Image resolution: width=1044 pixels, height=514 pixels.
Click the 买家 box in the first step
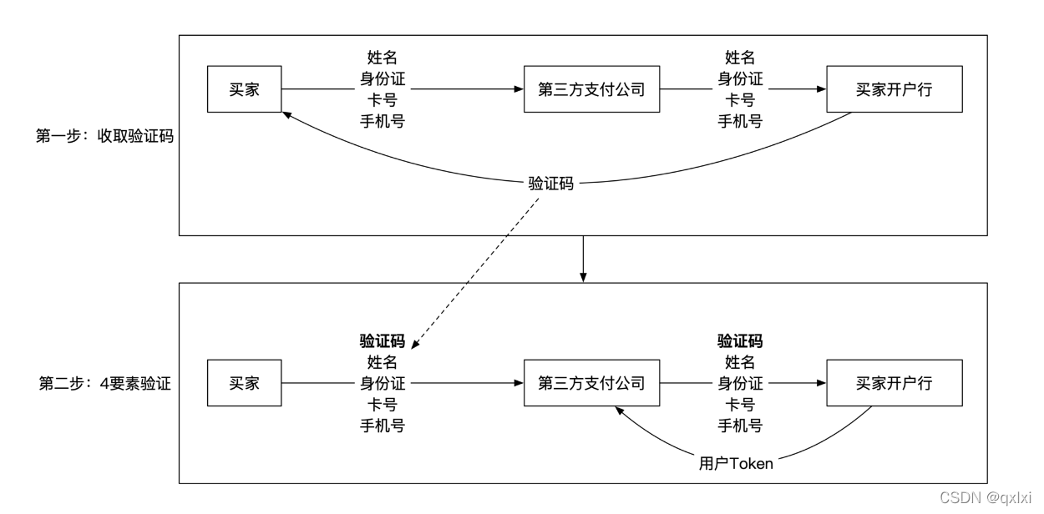pyautogui.click(x=244, y=89)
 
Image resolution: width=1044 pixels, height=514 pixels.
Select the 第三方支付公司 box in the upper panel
pyautogui.click(x=591, y=89)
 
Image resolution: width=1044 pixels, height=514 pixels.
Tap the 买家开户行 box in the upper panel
pyautogui.click(x=894, y=89)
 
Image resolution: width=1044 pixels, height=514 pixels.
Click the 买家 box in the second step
pyautogui.click(x=244, y=383)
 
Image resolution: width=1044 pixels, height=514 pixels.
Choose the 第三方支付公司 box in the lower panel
pyautogui.click(x=591, y=383)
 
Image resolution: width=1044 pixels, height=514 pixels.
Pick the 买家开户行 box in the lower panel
pyautogui.click(x=894, y=383)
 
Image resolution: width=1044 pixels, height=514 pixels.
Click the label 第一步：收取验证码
pyautogui.click(x=104, y=136)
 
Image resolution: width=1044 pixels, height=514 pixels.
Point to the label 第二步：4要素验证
pyautogui.click(x=104, y=383)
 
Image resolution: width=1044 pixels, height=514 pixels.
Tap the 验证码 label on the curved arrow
pyautogui.click(x=550, y=184)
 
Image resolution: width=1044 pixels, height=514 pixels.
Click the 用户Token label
pyautogui.click(x=736, y=464)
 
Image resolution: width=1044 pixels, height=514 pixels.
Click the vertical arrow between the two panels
pyautogui.click(x=583, y=259)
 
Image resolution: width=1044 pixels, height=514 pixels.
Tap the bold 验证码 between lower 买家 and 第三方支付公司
pyautogui.click(x=383, y=341)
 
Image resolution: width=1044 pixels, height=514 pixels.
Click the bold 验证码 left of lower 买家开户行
pyautogui.click(x=740, y=341)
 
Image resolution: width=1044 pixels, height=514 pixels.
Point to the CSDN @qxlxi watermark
pyautogui.click(x=985, y=498)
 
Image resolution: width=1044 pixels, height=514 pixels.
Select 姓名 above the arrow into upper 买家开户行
pyautogui.click(x=740, y=58)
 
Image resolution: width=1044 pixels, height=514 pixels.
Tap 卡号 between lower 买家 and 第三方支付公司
pyautogui.click(x=383, y=405)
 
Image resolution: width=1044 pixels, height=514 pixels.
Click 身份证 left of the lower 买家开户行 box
pyautogui.click(x=740, y=384)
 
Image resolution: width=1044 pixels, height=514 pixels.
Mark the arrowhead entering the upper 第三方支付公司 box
pyautogui.click(x=519, y=89)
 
